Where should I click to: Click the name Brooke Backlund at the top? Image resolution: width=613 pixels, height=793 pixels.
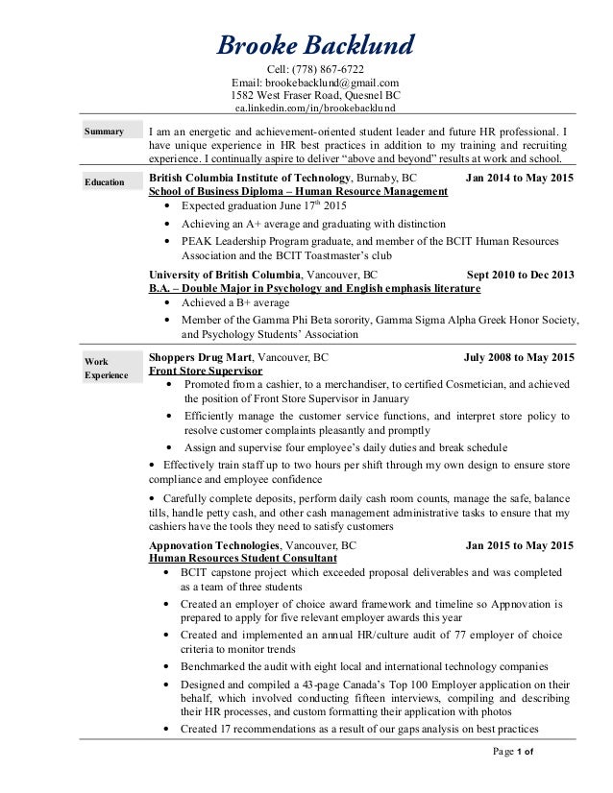click(315, 44)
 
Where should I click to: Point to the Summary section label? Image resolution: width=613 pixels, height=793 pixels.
click(104, 132)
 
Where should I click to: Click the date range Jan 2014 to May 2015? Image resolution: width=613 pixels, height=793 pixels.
click(519, 179)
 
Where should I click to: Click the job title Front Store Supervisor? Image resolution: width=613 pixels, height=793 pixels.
click(206, 370)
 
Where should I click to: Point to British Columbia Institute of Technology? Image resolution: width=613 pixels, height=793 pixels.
click(250, 179)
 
